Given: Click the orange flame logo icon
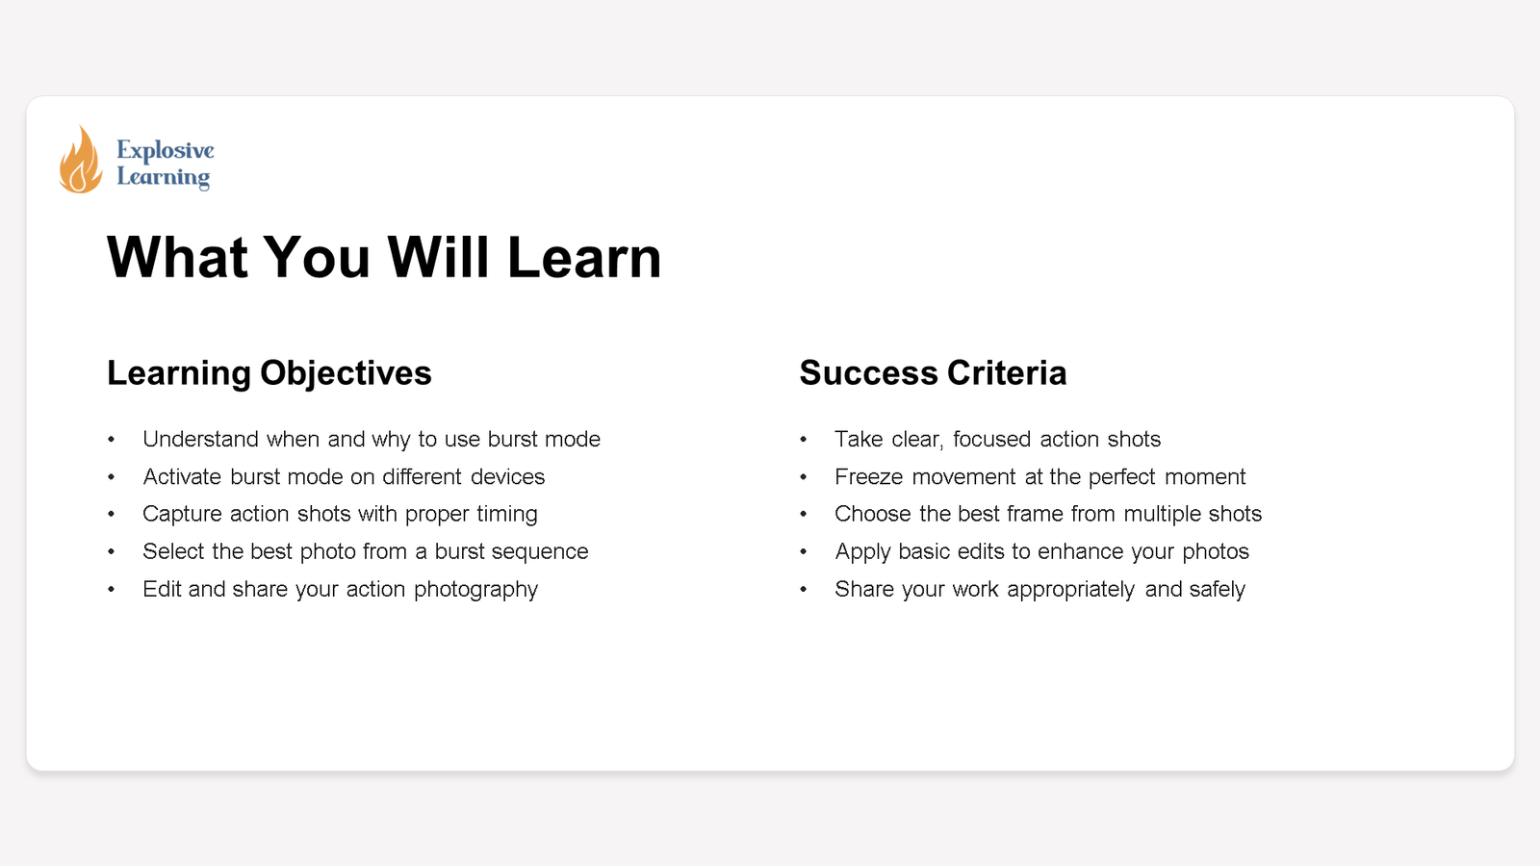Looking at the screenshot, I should point(80,161).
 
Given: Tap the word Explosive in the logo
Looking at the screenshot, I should point(166,150).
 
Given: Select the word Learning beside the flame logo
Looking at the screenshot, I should point(164,177).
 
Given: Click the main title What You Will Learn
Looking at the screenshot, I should point(384,257).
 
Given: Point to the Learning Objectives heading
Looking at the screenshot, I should point(269,373).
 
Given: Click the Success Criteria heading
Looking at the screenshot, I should point(933,373).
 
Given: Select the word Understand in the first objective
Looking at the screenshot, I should point(200,440).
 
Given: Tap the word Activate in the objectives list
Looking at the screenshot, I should point(182,477).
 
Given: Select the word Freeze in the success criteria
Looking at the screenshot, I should point(868,477).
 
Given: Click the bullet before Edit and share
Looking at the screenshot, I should point(112,590).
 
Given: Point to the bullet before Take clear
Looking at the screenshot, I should point(804,440).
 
